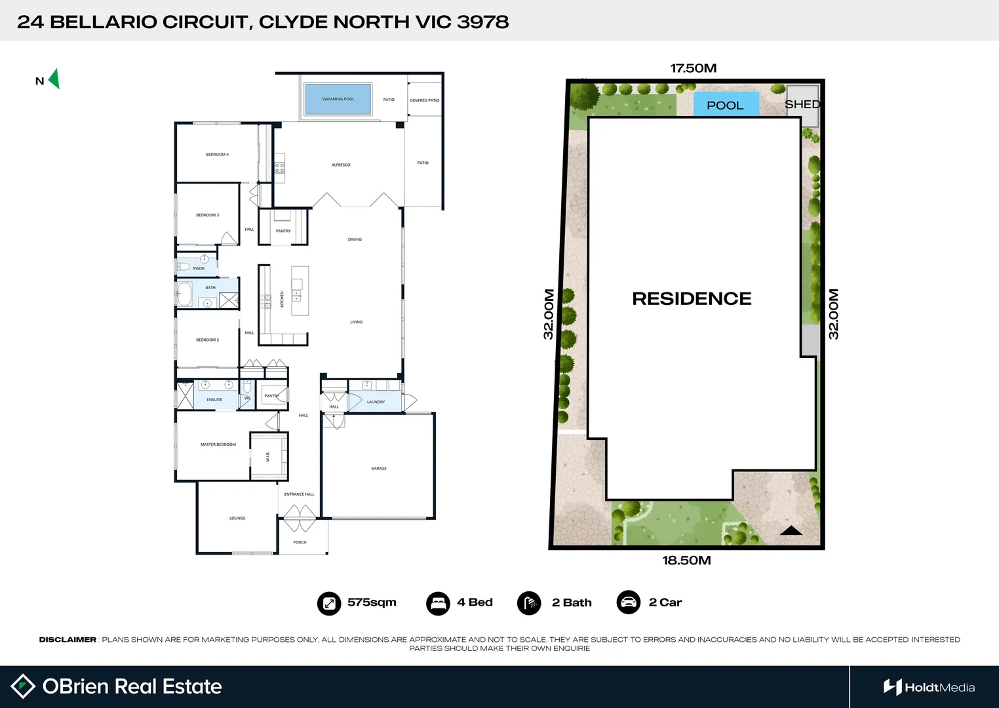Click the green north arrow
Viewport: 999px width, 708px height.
point(54,79)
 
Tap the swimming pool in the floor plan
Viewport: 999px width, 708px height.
point(338,99)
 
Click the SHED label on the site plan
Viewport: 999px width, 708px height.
point(802,104)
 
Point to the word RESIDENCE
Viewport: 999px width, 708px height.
point(692,299)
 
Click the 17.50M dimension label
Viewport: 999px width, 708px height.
point(693,68)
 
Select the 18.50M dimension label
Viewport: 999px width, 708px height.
point(686,560)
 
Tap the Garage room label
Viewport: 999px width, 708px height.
point(379,469)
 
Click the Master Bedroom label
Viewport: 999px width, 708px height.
point(218,444)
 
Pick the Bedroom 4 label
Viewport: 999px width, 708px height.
point(217,155)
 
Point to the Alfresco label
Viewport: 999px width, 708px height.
point(341,165)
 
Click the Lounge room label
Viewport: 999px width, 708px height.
point(237,519)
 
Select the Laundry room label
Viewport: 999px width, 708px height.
point(376,402)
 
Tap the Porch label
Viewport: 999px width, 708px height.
point(300,543)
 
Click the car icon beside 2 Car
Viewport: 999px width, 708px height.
point(628,602)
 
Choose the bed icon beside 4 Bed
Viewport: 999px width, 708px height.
point(438,603)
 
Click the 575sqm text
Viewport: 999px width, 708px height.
point(372,602)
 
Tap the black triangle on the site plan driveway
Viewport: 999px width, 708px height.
point(791,531)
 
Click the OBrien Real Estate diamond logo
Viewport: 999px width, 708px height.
point(23,686)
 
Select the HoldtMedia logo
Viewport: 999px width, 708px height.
point(929,687)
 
